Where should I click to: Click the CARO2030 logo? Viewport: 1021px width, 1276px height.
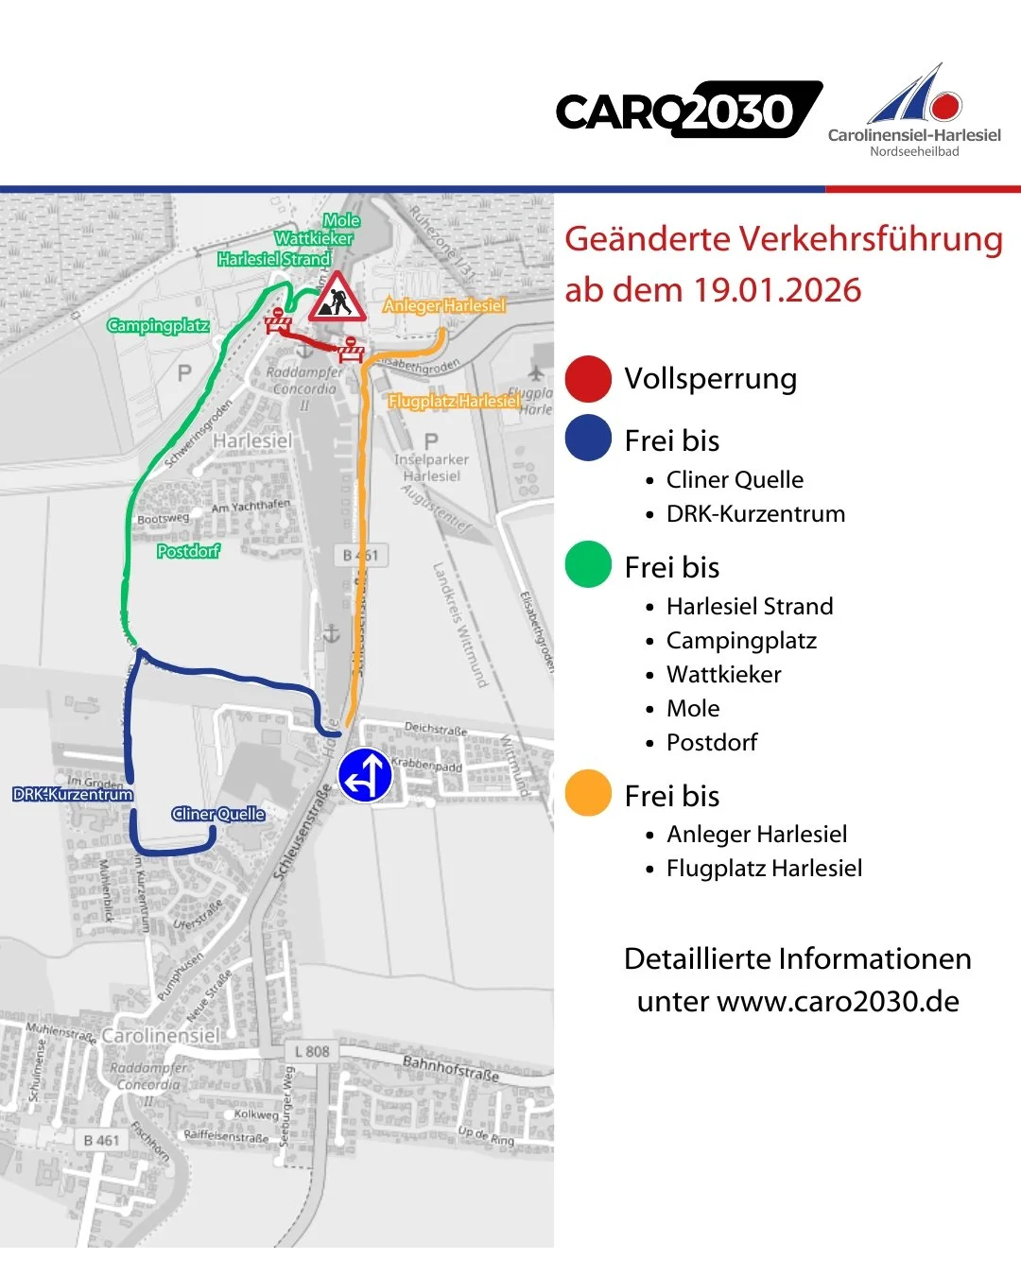coord(688,111)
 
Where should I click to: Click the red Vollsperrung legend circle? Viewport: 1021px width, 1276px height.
coord(588,379)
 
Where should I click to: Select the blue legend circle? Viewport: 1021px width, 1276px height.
coord(588,440)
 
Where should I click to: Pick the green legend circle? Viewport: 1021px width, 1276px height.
coord(588,565)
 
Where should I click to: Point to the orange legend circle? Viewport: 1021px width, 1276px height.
coord(588,793)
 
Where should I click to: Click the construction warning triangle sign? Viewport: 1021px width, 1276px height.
coord(337,298)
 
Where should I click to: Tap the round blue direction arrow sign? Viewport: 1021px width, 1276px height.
coord(365,775)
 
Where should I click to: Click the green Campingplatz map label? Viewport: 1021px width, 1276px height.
coord(158,326)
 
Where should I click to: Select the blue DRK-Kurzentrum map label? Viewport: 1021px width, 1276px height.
coord(73,794)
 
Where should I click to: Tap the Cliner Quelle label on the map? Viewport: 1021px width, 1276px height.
coord(218,814)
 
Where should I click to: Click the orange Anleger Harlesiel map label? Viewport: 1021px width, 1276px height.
coord(443,305)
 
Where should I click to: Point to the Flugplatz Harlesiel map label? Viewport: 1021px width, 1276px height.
coord(454,401)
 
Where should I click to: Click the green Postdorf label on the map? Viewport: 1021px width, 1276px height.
coord(188,551)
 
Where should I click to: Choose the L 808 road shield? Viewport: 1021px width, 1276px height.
coord(312,1051)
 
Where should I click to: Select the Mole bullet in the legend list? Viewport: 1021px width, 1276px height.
coord(693,709)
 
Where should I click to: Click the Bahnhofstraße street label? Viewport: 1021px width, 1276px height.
coord(450,1069)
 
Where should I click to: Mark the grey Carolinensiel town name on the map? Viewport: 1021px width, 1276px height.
coord(161,1036)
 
